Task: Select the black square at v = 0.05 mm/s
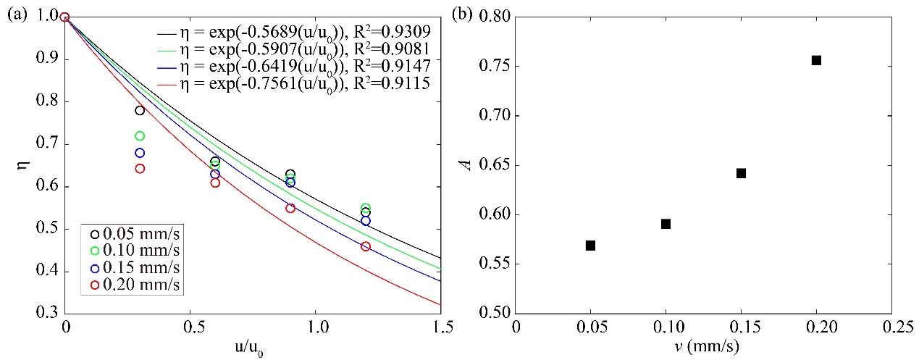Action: click(590, 246)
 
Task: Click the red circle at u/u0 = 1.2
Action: click(366, 246)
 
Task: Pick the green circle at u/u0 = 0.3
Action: click(140, 135)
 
